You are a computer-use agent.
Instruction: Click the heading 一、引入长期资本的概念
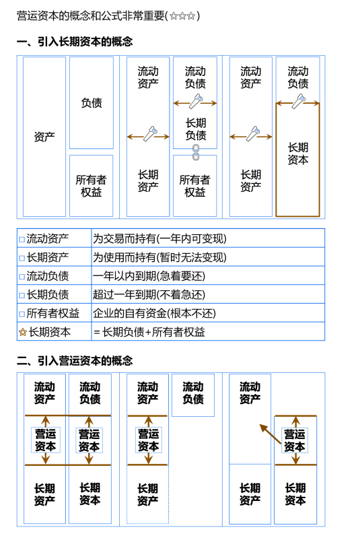[74, 42]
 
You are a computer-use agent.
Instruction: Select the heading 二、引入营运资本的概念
[74, 361]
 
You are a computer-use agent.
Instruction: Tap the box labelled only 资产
[44, 137]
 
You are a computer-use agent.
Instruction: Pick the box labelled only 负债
[92, 103]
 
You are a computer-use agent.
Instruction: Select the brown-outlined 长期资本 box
[297, 159]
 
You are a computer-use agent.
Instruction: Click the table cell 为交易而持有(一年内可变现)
[160, 238]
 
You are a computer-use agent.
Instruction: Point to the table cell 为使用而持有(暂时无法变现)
[160, 257]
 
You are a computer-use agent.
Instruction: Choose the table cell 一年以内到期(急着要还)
[149, 276]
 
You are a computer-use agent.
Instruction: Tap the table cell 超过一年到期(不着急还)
[149, 294]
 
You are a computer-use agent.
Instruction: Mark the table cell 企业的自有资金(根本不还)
[157, 313]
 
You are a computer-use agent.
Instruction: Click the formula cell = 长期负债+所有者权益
[149, 332]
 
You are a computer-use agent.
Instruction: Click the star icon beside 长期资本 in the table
[22, 332]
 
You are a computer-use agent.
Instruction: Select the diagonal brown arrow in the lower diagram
[270, 434]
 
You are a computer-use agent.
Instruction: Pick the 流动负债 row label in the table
[48, 276]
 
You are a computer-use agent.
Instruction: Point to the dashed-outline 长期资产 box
[147, 494]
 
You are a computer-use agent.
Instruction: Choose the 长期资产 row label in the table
[48, 257]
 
